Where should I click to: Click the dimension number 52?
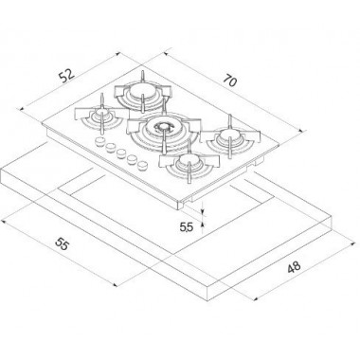67,77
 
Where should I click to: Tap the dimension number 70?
229,81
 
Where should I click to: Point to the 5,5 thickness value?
186,226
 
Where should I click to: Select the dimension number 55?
62,243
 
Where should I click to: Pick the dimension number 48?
294,267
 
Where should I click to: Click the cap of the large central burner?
163,127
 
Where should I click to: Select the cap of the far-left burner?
101,114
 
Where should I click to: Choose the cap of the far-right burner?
229,135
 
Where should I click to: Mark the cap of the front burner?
188,162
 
